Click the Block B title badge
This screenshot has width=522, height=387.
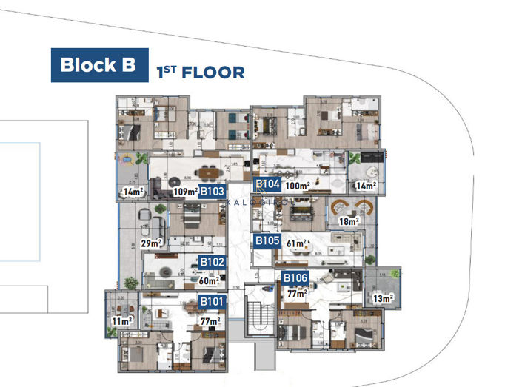[98, 64]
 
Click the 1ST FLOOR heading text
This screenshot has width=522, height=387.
[200, 72]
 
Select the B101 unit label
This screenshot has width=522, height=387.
[213, 301]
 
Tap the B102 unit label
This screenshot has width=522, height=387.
[213, 262]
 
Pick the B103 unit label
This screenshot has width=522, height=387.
[212, 191]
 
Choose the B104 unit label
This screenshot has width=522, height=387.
[267, 184]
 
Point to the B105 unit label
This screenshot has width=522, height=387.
[267, 240]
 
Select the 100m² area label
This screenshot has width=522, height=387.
[297, 185]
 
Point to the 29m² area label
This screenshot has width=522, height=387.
[152, 243]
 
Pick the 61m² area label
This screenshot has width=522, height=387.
[297, 241]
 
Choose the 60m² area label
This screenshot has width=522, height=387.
[209, 280]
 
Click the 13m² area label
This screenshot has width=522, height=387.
[383, 298]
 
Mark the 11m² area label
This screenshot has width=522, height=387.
[121, 321]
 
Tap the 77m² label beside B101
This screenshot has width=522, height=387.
[210, 320]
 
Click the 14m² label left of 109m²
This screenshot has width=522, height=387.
[133, 192]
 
